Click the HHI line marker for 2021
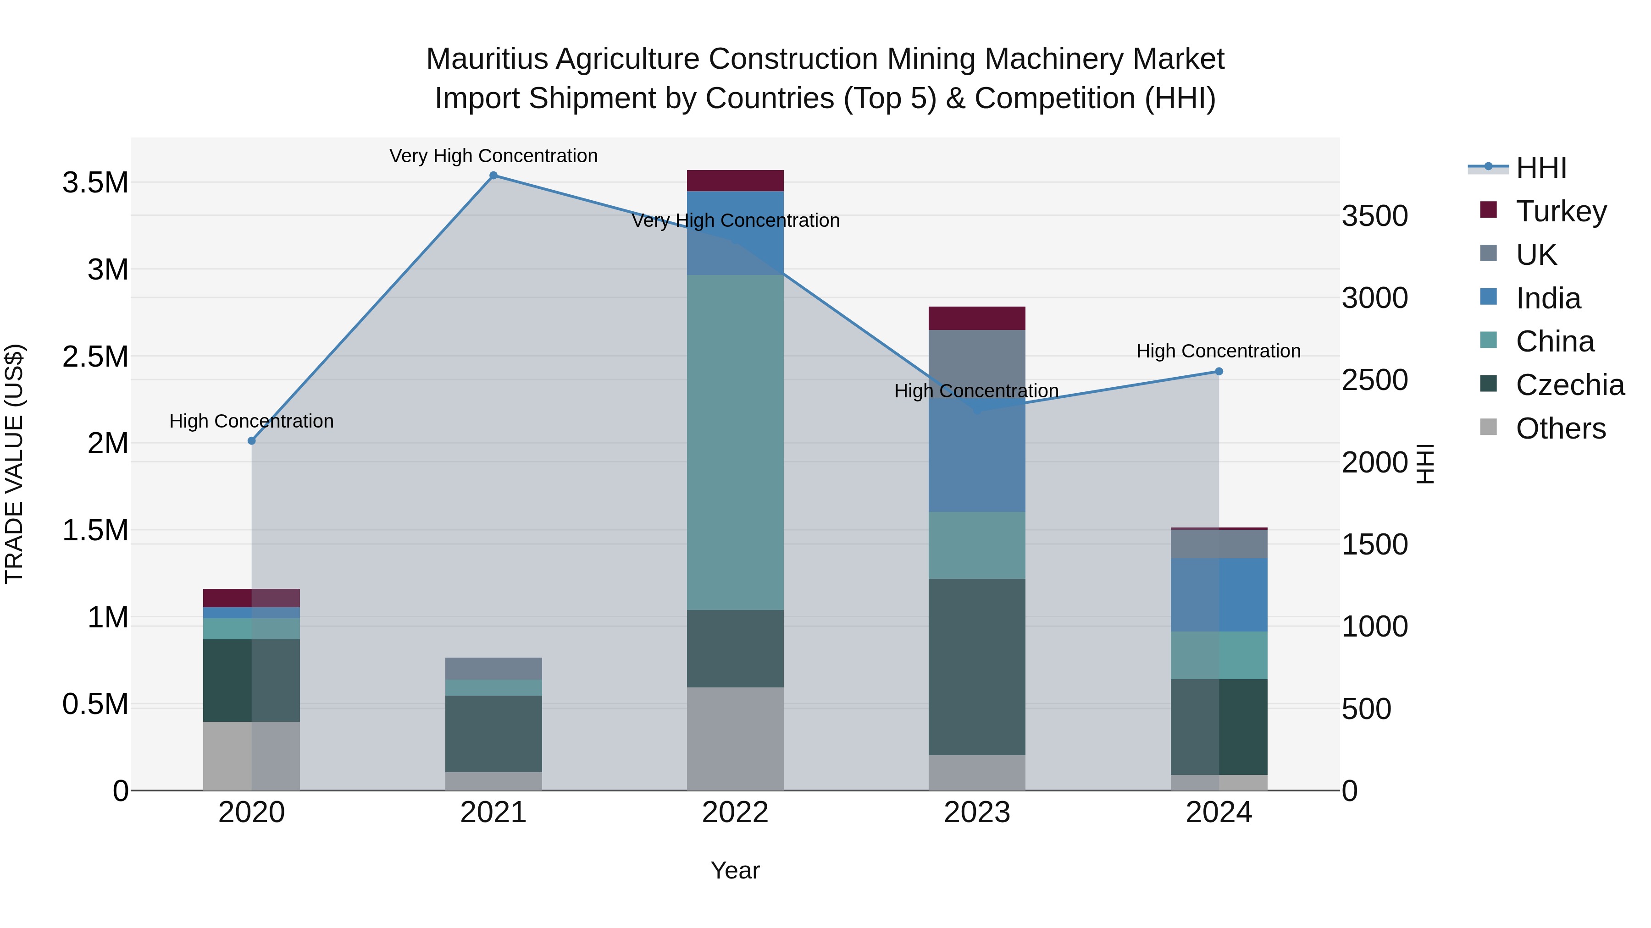(493, 176)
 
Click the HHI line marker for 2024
(1219, 372)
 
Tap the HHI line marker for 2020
(251, 440)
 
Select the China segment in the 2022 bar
(735, 442)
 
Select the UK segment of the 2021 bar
(493, 668)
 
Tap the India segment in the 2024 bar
(1219, 594)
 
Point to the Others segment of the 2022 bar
(735, 738)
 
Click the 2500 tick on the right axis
(1375, 380)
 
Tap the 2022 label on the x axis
(735, 813)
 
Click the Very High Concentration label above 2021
(493, 156)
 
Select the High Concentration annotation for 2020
(251, 422)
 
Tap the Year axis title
(735, 870)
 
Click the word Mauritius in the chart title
(487, 59)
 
